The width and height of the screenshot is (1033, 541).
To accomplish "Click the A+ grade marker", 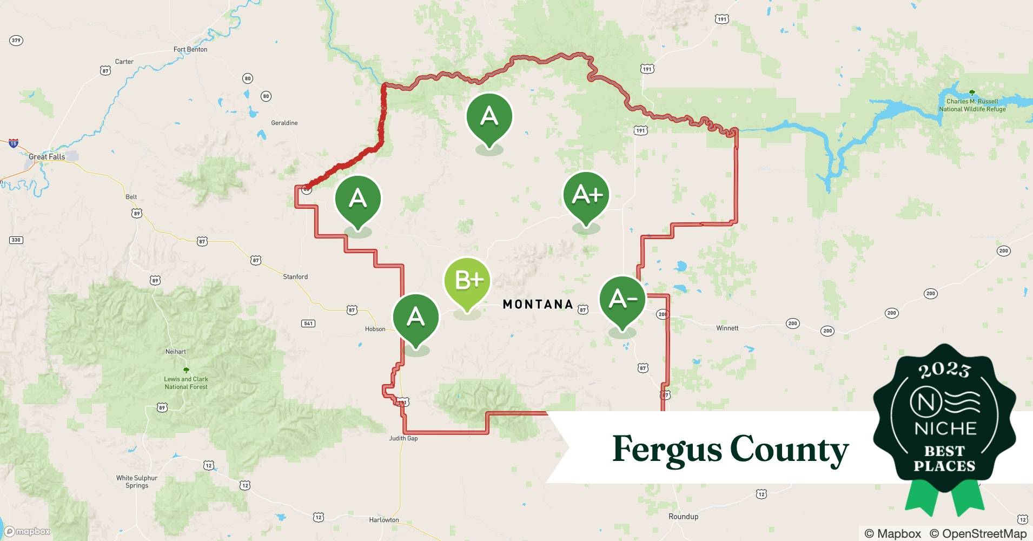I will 586,195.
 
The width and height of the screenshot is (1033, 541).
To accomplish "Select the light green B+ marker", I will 467,281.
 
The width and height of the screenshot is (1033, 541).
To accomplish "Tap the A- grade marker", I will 623,299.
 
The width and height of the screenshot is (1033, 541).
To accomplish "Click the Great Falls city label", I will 47,157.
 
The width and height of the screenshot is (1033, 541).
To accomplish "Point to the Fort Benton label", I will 190,49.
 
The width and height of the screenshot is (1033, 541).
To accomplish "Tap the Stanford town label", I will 295,277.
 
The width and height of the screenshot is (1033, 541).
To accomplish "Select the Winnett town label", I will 727,328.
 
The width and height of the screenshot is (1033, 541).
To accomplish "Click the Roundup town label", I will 683,517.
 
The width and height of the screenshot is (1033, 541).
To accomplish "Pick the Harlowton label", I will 384,520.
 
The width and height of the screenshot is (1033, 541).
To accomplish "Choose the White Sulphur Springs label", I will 137,481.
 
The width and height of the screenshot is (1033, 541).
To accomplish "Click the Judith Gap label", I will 403,438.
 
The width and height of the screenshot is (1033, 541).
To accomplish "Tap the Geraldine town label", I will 284,123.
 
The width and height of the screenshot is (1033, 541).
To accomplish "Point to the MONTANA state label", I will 538,305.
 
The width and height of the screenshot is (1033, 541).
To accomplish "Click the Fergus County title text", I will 730,449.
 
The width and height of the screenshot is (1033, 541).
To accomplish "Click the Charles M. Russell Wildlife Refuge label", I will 972,105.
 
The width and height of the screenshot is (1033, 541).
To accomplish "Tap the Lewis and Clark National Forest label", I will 186,382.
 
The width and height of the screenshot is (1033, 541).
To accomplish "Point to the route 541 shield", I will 308,324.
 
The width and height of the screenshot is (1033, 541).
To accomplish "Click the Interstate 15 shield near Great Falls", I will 14,143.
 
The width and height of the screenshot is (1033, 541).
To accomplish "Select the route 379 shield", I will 16,41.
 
